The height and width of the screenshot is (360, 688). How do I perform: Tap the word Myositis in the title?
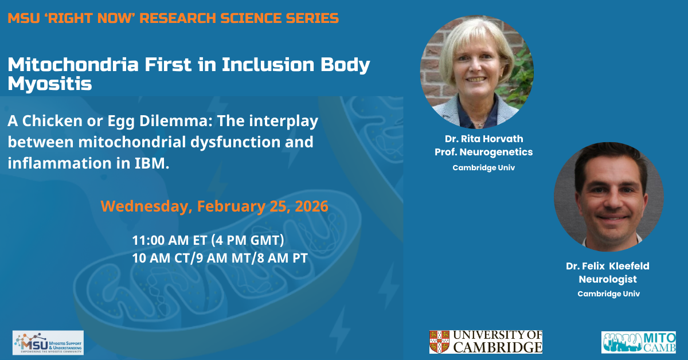(50, 83)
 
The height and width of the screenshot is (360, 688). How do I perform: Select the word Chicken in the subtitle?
(52, 120)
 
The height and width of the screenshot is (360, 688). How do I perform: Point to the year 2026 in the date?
(311, 206)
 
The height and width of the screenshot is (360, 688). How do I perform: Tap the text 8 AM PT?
(282, 258)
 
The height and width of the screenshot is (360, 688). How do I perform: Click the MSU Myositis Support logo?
(48, 342)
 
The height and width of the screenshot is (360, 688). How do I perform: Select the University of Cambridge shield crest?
(440, 342)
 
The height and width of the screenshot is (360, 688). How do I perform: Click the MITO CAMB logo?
(639, 342)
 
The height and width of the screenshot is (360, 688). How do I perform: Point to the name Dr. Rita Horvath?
(484, 139)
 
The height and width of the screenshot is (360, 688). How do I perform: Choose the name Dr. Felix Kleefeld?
(608, 265)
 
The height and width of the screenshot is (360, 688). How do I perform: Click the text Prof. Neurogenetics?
(484, 152)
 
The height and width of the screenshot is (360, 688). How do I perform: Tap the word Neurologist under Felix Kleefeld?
(608, 279)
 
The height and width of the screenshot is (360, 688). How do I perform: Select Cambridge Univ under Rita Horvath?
(484, 168)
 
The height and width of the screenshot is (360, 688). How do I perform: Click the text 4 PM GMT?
(248, 240)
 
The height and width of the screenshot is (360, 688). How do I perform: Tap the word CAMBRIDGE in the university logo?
(498, 347)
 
